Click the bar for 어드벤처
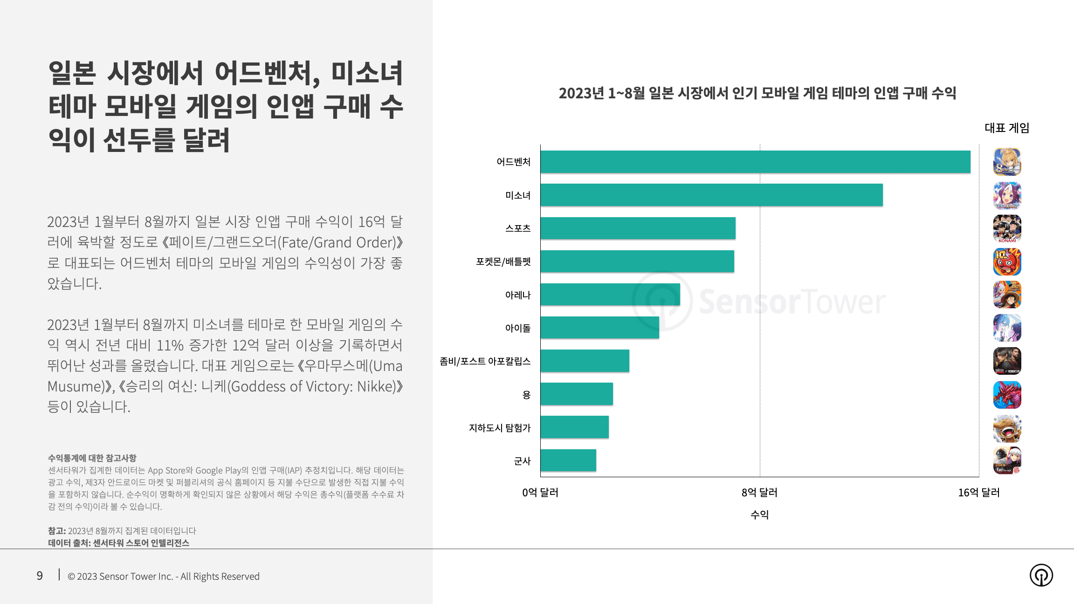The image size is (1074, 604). click(x=755, y=162)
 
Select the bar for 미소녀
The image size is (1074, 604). click(x=711, y=195)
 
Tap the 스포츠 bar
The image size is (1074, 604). click(x=638, y=228)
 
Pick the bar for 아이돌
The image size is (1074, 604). click(x=599, y=328)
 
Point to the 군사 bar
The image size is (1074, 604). click(x=568, y=460)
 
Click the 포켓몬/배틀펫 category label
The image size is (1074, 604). click(x=503, y=261)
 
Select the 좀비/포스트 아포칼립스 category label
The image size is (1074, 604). click(x=485, y=361)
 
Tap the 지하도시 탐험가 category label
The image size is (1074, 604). click(x=499, y=428)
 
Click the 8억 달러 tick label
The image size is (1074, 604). click(x=759, y=493)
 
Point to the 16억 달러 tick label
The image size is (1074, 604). click(x=978, y=493)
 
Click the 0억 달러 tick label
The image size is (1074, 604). click(x=540, y=493)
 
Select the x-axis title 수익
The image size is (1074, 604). click(x=759, y=515)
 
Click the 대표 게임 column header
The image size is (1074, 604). click(x=1007, y=128)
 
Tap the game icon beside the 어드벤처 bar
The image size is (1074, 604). click(x=1007, y=162)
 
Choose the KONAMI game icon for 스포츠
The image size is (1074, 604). click(x=1007, y=228)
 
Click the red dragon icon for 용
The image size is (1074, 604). click(x=1007, y=395)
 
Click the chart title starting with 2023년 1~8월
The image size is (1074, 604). click(x=757, y=93)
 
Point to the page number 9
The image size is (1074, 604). click(x=40, y=576)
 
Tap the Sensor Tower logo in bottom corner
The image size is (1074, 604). click(x=1041, y=575)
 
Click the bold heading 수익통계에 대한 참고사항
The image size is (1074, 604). click(x=92, y=458)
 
